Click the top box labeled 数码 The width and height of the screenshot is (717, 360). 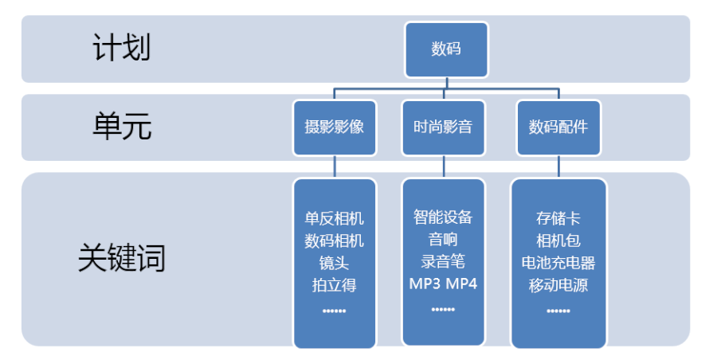[446, 49]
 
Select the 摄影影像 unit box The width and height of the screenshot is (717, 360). [334, 127]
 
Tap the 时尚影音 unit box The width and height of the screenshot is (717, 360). [444, 127]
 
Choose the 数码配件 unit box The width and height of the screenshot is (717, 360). [558, 127]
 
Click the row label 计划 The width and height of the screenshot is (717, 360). [121, 48]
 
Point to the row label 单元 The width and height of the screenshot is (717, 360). [122, 127]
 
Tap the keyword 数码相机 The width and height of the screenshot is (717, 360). [334, 241]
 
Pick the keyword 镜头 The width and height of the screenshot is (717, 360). [334, 262]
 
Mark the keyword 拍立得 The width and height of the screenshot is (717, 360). [334, 284]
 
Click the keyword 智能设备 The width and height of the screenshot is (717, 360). [443, 216]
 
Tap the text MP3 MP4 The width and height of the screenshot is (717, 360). [443, 283]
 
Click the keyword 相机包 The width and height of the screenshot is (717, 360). [558, 241]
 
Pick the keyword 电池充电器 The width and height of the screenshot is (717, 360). [558, 262]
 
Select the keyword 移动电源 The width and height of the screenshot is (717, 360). [558, 284]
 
